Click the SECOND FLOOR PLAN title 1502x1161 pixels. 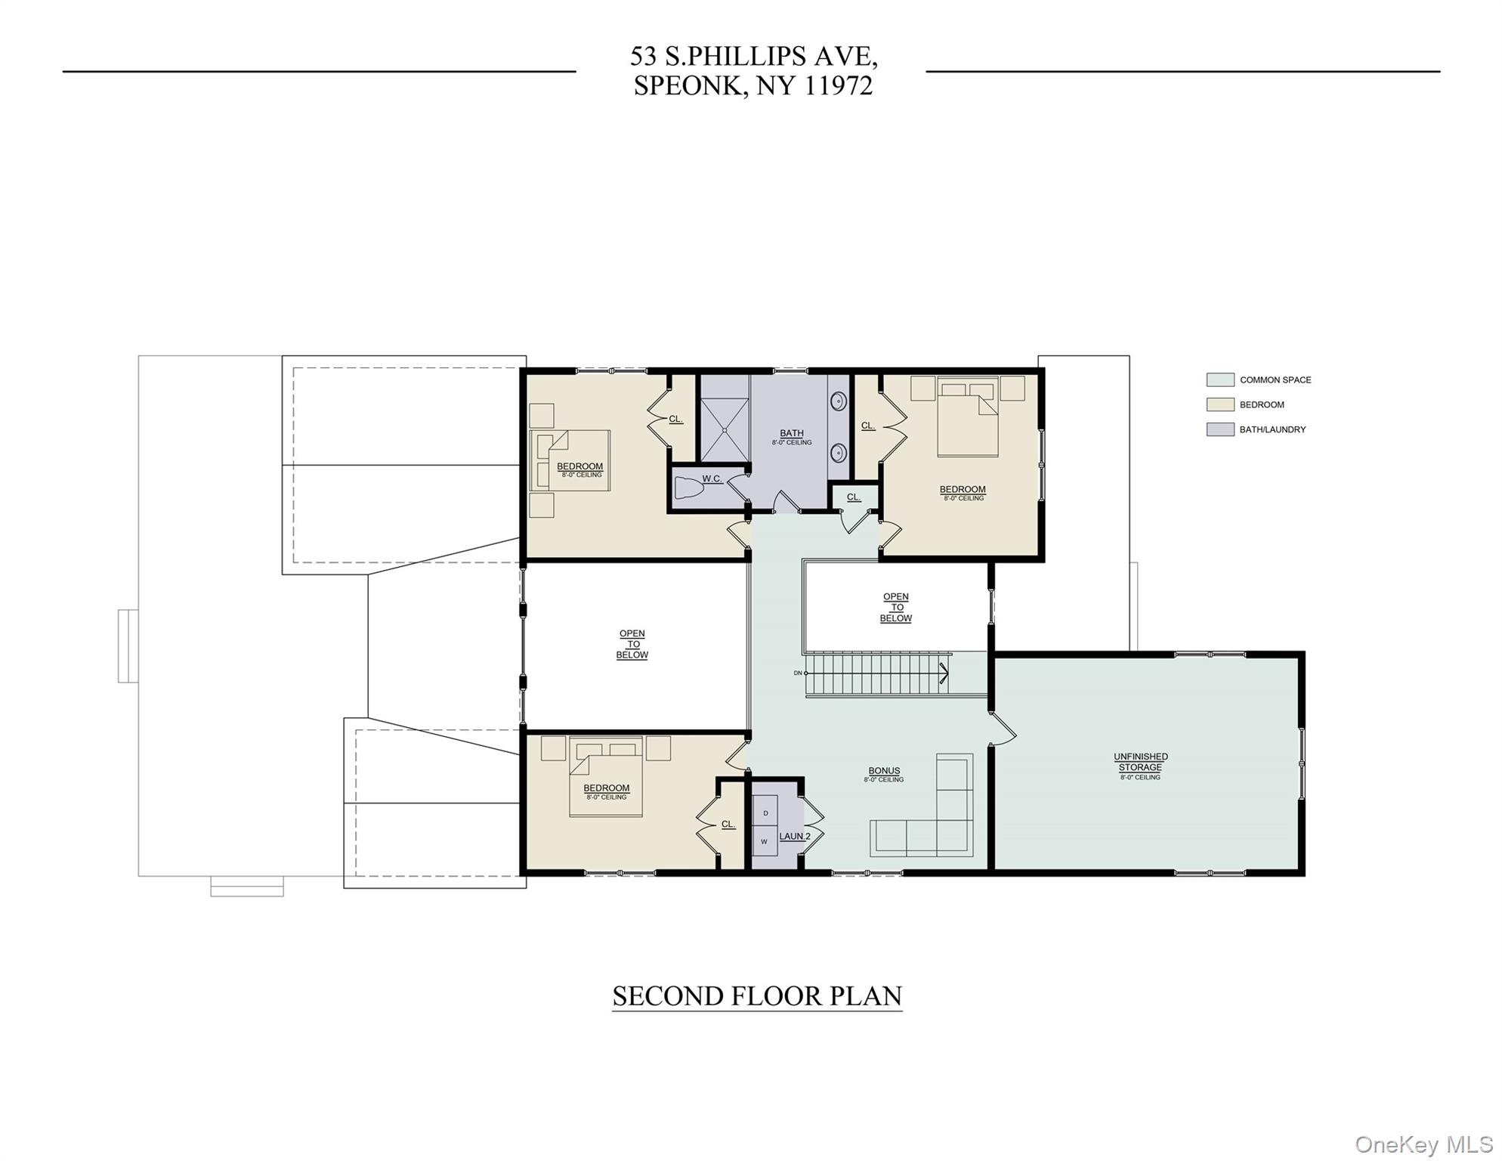click(757, 996)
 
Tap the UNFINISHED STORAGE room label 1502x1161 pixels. click(1141, 762)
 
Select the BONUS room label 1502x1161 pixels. click(884, 771)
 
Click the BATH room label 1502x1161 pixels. click(792, 433)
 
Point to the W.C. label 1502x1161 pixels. click(712, 478)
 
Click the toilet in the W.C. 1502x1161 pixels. click(688, 488)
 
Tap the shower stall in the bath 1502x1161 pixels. click(725, 430)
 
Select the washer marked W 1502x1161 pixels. click(765, 841)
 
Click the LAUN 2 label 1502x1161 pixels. click(795, 836)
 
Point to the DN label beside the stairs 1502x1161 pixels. click(798, 673)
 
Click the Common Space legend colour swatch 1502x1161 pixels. click(1220, 379)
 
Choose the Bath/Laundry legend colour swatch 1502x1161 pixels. click(1220, 429)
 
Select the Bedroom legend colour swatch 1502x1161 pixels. click(1220, 404)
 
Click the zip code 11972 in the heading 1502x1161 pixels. click(838, 85)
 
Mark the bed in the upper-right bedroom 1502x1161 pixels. click(968, 416)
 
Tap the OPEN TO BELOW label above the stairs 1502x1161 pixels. click(896, 608)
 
